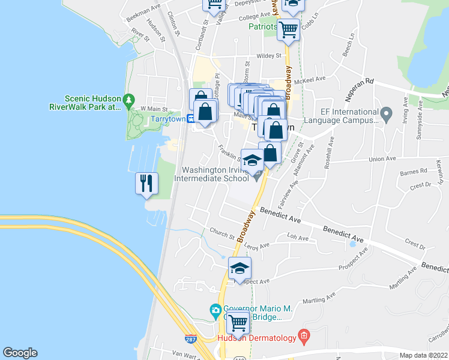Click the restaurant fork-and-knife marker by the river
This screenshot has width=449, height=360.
(146, 183)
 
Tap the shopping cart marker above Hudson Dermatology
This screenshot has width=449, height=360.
(238, 323)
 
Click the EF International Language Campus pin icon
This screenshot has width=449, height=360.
(387, 113)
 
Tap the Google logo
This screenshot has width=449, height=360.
(20, 353)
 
